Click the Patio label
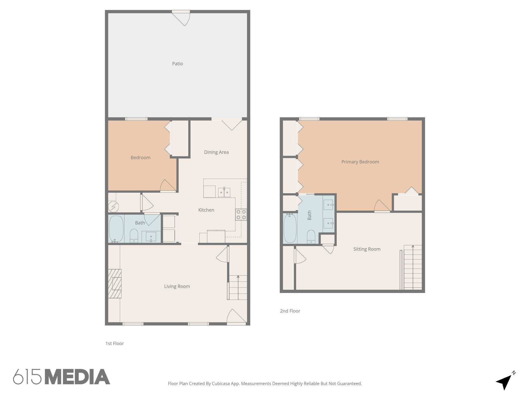178,64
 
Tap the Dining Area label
216,152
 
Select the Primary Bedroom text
360,162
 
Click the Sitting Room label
367,249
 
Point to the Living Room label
177,286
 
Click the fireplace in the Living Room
115,284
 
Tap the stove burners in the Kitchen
241,215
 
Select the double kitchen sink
224,192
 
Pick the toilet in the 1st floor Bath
134,236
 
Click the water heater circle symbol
113,207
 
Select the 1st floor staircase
238,287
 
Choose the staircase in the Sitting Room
413,267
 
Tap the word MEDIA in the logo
78,377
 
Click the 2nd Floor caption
290,311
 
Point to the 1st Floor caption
114,343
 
